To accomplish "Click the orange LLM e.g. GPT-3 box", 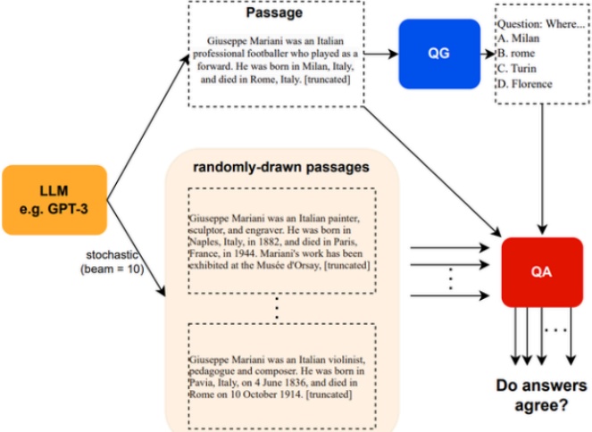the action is pyautogui.click(x=54, y=200).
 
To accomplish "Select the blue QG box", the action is pyautogui.click(x=439, y=54).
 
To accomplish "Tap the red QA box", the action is pyautogui.click(x=542, y=272).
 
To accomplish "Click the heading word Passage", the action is pyautogui.click(x=274, y=12).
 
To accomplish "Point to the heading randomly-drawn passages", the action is pyautogui.click(x=281, y=167).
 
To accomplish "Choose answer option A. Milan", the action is pyautogui.click(x=519, y=38).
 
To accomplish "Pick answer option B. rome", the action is pyautogui.click(x=516, y=54).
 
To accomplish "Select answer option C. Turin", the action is pyautogui.click(x=517, y=69).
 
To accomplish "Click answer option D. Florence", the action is pyautogui.click(x=525, y=84).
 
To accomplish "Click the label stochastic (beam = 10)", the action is pyautogui.click(x=113, y=262).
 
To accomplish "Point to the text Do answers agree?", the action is pyautogui.click(x=541, y=395).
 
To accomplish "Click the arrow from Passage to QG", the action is pyautogui.click(x=381, y=54).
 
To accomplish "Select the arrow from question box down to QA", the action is pyautogui.click(x=543, y=169).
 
